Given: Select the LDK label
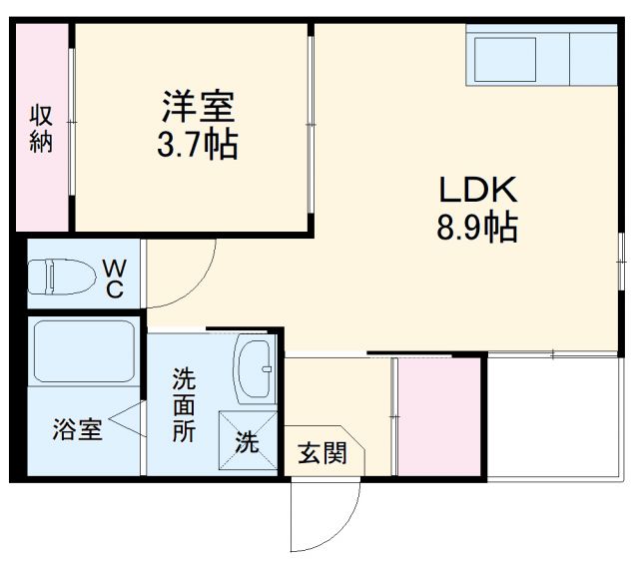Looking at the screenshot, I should coord(475,190).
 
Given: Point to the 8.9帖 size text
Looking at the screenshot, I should coord(475,229).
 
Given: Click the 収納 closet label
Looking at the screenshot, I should coord(40,127).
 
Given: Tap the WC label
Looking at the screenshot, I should coord(114,279).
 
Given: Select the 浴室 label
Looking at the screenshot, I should coord(77,430).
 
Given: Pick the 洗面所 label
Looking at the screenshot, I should coord(183,404).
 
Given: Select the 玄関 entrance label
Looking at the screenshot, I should coord(321,453).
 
